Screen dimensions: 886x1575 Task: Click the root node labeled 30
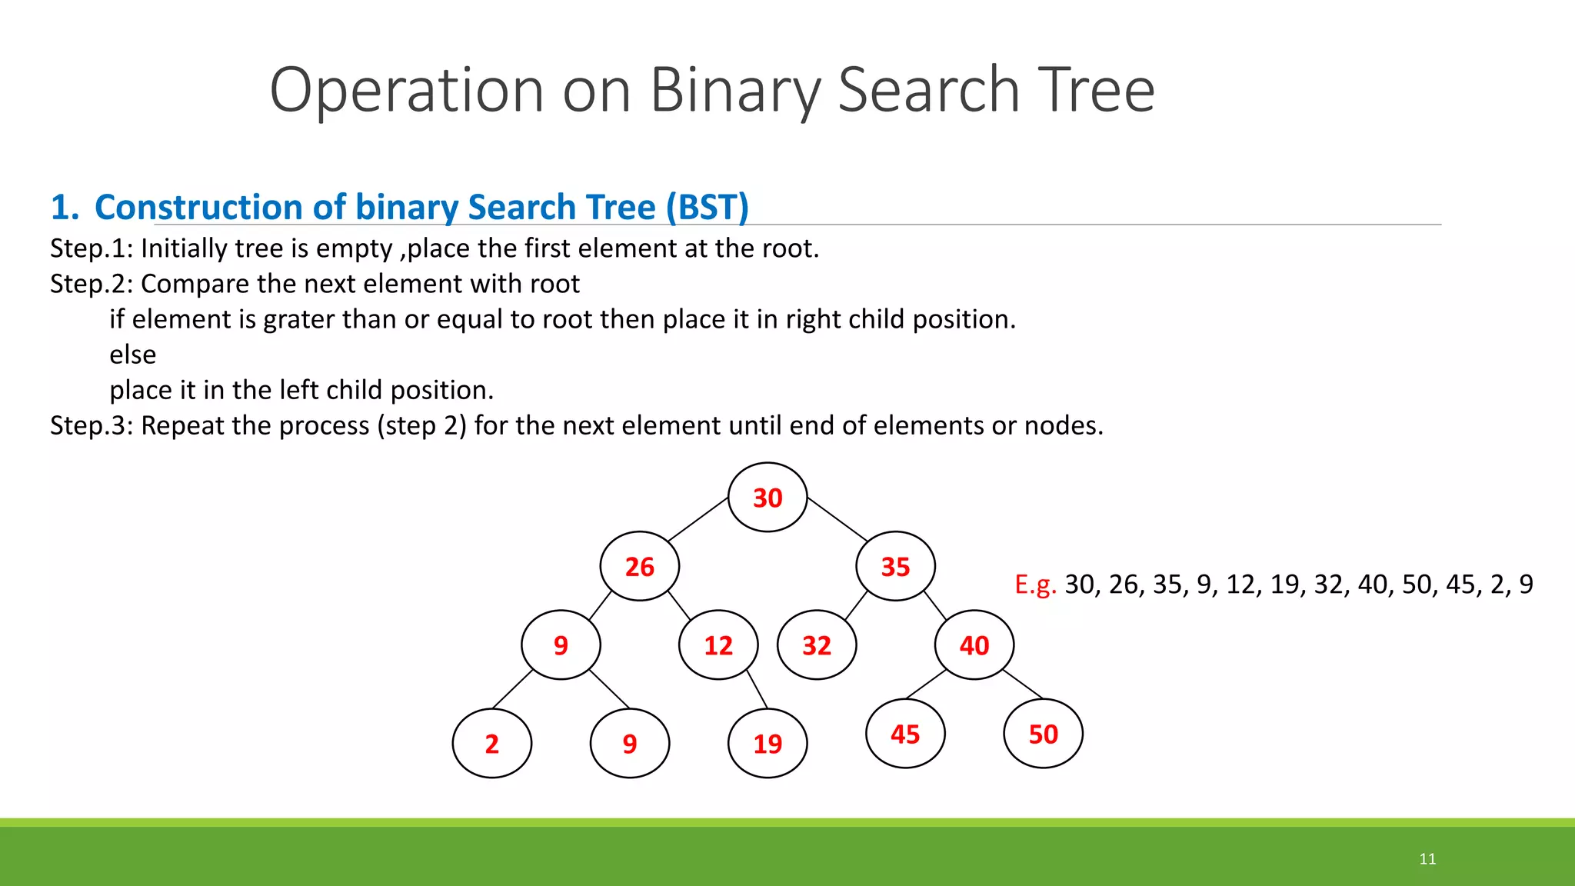[x=768, y=498]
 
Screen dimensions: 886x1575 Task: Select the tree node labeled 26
[x=639, y=567]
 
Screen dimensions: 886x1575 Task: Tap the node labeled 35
[x=895, y=567]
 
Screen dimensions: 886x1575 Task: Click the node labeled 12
[x=718, y=645]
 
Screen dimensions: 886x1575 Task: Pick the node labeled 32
[x=817, y=645]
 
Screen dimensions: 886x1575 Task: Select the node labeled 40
[x=974, y=645]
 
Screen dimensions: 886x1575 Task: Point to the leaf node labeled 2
[x=492, y=744]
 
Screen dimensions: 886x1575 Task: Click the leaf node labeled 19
[x=768, y=744]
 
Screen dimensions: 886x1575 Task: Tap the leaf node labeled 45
[x=905, y=734]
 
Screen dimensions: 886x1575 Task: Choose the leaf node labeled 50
[x=1043, y=734]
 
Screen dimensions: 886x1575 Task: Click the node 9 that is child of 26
[x=561, y=645]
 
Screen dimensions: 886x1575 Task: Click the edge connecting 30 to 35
[x=837, y=519]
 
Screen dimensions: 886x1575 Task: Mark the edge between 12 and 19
[x=757, y=688]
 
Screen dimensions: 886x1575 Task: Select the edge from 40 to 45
[x=927, y=684]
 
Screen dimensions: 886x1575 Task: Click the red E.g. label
[x=1035, y=585]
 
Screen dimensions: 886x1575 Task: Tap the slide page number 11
[x=1427, y=859]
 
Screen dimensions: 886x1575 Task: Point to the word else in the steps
[x=132, y=355]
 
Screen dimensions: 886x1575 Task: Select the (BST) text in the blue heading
[x=707, y=208]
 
